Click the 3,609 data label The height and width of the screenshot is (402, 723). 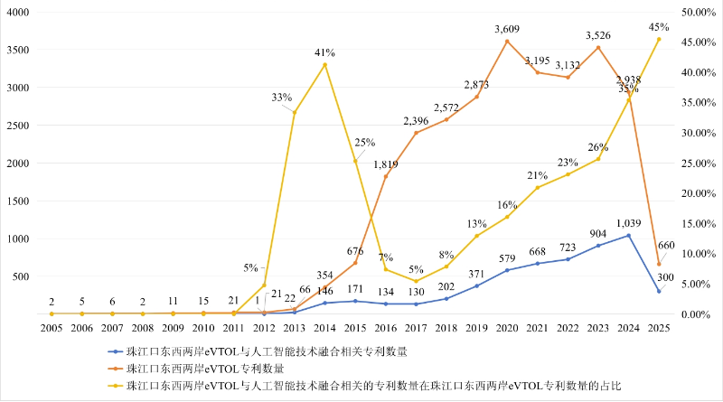[506, 30]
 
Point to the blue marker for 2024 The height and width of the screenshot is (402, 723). [627, 236]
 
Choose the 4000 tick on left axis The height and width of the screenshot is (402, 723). [18, 13]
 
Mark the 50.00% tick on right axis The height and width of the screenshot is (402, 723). [699, 13]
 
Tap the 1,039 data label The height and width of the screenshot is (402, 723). [627, 223]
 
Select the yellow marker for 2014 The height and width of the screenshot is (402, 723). [324, 65]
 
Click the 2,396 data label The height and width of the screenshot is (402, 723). [416, 120]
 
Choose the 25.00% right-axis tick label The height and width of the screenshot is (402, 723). [699, 164]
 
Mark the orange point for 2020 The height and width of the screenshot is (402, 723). [506, 41]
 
